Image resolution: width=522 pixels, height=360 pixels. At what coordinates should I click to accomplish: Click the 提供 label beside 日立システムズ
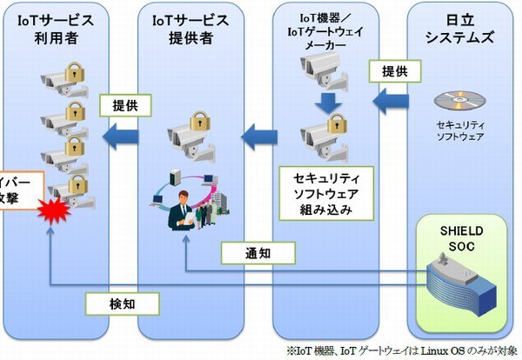[x=390, y=71]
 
